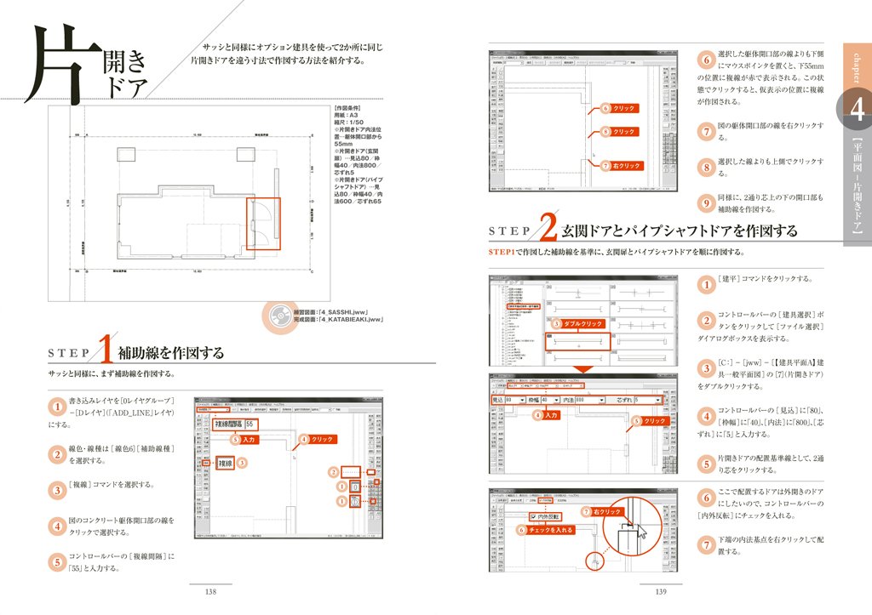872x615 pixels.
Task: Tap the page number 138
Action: click(x=214, y=592)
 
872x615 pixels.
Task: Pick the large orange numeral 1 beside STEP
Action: click(x=106, y=350)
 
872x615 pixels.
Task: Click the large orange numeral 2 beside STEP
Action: click(x=548, y=231)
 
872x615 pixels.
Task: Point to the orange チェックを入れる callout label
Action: click(x=549, y=529)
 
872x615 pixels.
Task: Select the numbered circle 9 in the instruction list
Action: click(x=705, y=202)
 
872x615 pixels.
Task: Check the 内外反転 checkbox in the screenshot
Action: click(x=532, y=516)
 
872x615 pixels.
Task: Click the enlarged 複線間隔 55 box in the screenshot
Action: click(x=237, y=424)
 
